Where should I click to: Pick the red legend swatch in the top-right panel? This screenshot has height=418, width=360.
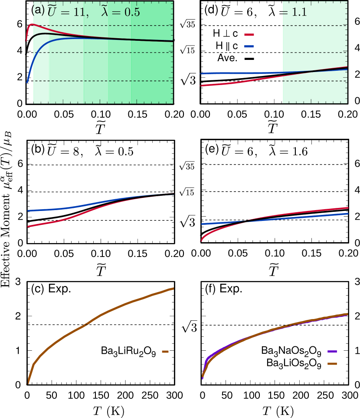click(x=249, y=35)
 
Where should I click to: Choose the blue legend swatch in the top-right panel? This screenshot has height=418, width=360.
click(x=249, y=46)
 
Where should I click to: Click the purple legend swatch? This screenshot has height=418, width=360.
click(x=332, y=352)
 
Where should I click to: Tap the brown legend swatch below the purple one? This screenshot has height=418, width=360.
click(x=332, y=364)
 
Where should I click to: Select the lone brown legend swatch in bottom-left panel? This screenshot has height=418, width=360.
click(x=165, y=352)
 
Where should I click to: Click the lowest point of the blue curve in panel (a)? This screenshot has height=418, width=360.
click(x=27, y=82)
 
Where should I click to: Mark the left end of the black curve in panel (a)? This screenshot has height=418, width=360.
click(x=33, y=39)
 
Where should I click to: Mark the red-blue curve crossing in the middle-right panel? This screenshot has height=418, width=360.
click(x=246, y=221)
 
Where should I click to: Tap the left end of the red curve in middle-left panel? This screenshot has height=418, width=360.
click(x=28, y=226)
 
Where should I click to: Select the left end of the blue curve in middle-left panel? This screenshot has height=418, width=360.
click(x=28, y=211)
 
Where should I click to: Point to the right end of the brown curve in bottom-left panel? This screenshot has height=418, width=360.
click(x=173, y=288)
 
